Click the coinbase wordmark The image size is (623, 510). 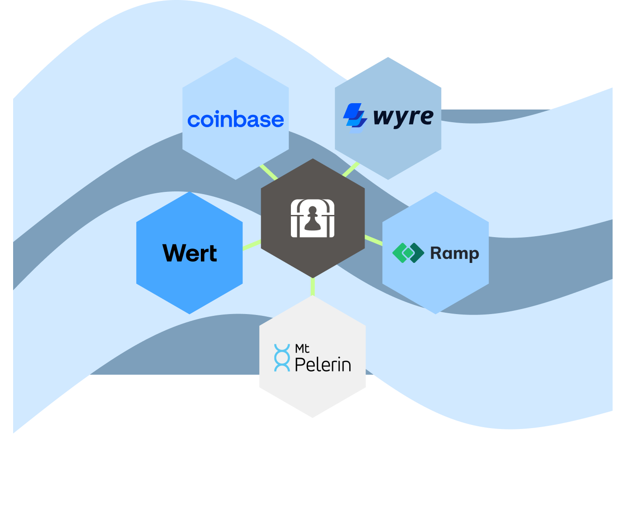(x=235, y=120)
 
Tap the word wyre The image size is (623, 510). (x=403, y=117)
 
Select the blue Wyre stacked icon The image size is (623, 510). (x=355, y=117)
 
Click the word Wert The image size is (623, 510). (x=190, y=253)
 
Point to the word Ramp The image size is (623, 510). (x=454, y=253)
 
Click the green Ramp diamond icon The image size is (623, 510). (x=408, y=253)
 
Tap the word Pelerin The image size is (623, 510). (x=323, y=364)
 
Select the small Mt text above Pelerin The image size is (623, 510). (x=302, y=348)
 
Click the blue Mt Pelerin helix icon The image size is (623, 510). (x=282, y=358)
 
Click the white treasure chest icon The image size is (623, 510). (x=313, y=218)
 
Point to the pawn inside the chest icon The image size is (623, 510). (x=313, y=219)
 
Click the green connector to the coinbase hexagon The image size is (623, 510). (x=268, y=172)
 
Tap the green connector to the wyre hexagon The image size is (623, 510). (x=351, y=170)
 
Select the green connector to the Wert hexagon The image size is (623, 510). (x=252, y=245)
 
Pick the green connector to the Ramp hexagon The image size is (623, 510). (x=373, y=240)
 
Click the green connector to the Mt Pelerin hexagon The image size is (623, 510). (x=313, y=287)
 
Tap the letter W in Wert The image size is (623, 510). (x=174, y=253)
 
